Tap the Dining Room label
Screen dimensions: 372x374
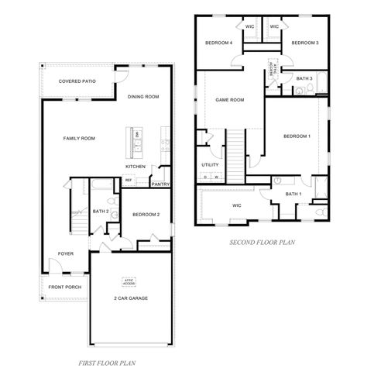pos(143,97)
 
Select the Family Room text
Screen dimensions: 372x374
pos(79,138)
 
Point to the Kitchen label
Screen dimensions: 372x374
pos(136,167)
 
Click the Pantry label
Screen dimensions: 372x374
pos(160,184)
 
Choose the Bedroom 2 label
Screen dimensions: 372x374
pos(146,214)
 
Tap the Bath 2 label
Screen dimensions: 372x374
pos(100,211)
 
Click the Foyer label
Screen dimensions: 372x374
pos(66,253)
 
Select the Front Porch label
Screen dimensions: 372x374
pos(64,287)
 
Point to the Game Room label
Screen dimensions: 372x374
pos(229,100)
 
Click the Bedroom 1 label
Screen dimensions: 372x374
pos(297,136)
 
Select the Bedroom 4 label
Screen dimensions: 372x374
pos(218,43)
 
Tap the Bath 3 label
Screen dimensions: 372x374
pos(304,78)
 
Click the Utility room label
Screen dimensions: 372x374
pos(210,165)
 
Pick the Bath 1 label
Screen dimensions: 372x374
pos(293,194)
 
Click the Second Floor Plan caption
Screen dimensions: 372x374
pos(262,243)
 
